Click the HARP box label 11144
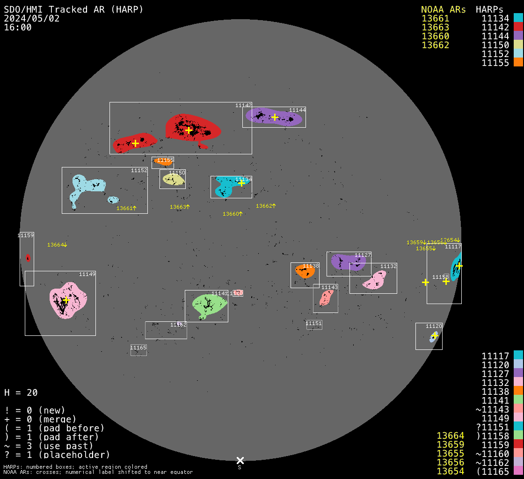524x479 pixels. pos(297,110)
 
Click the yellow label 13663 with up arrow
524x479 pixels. pos(180,207)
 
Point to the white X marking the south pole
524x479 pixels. pos(240,461)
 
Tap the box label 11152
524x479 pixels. pos(139,170)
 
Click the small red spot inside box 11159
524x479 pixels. pos(28,258)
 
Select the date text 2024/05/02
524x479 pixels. pos(31,18)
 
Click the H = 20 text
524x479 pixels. pos(21,392)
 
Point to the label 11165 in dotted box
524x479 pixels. pos(138,348)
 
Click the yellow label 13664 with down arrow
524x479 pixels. pos(57,245)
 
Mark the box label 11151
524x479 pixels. pos(314,323)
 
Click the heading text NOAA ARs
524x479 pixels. pos(443,9)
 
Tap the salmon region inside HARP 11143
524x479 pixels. pos(326,298)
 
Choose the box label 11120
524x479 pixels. pos(434,326)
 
